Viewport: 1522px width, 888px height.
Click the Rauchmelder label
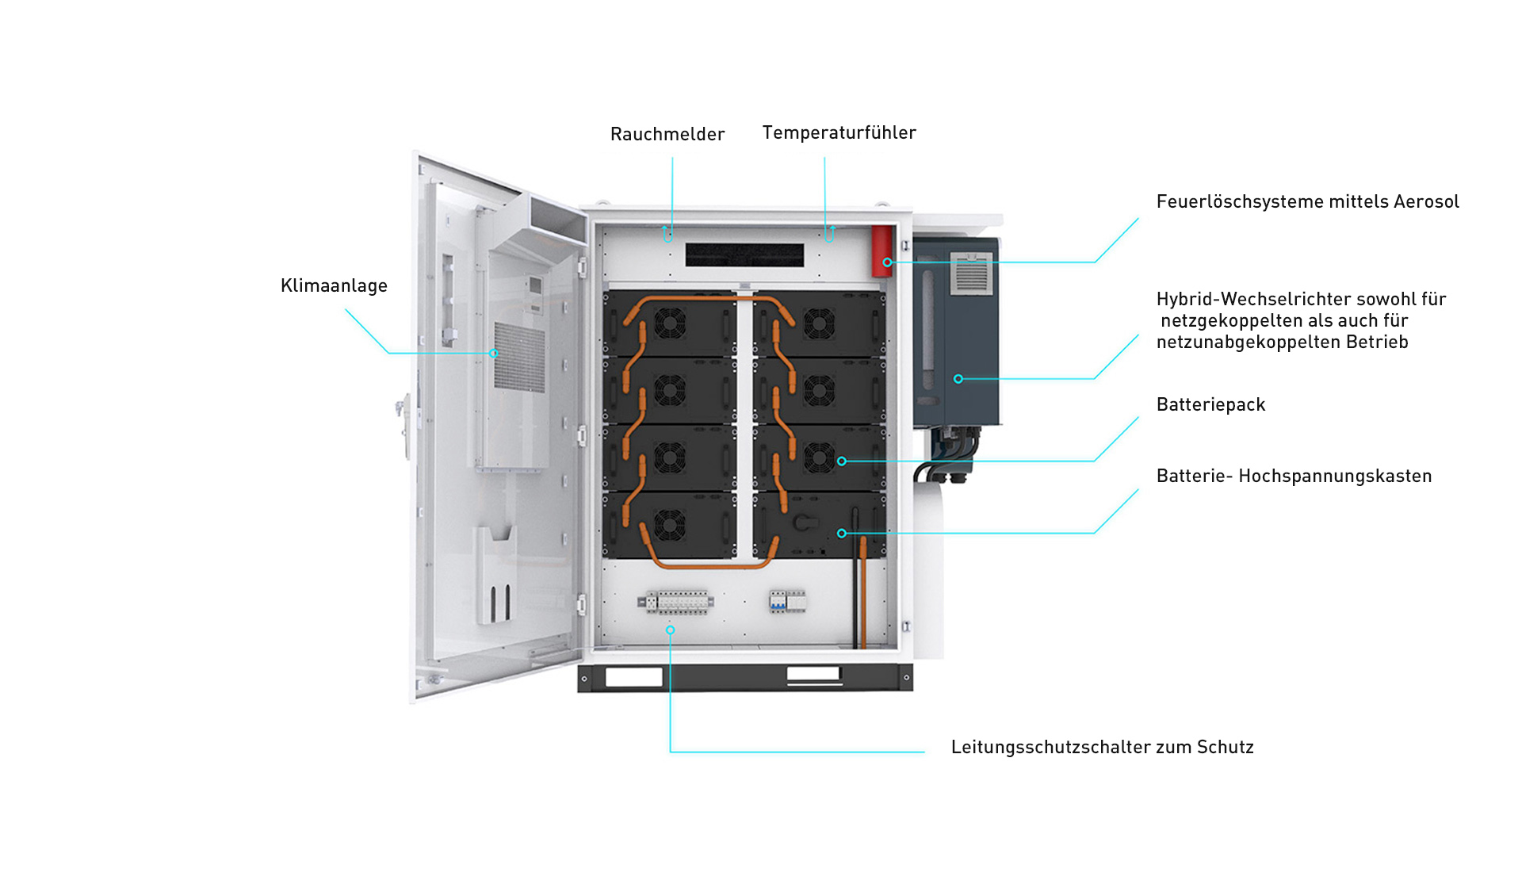(667, 134)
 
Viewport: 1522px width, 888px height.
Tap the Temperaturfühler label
(839, 132)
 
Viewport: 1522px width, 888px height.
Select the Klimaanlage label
(334, 285)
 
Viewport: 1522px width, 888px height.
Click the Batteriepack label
(1210, 404)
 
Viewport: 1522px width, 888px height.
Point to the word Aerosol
(1426, 201)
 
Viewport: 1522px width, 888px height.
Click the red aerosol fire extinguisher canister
(881, 251)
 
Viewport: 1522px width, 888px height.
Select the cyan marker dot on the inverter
(958, 379)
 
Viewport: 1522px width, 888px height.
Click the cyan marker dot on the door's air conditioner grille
(494, 354)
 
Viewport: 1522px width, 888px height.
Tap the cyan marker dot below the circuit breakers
(670, 630)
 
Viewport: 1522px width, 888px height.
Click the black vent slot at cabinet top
(744, 255)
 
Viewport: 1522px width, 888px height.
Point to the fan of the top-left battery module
(670, 323)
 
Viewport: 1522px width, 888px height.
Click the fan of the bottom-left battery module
(670, 524)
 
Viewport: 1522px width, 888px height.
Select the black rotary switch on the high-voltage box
(803, 522)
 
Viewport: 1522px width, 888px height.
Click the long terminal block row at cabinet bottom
(676, 603)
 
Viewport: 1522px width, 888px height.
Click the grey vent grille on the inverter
(971, 274)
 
